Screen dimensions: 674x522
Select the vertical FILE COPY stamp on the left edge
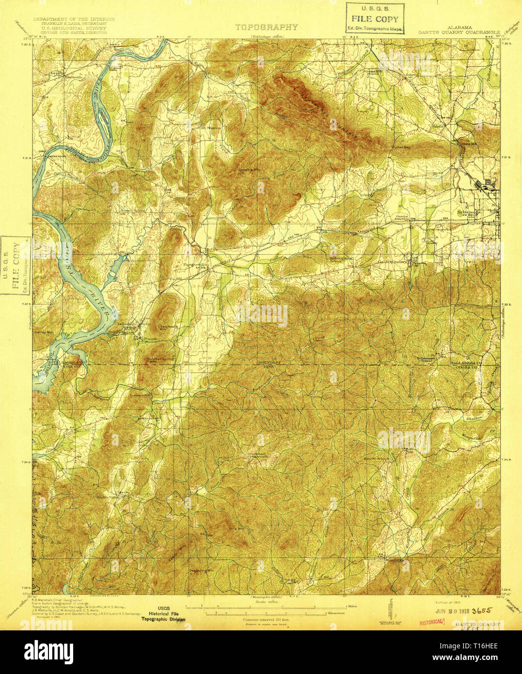[x=16, y=265]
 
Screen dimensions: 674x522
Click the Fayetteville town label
[x=195, y=265]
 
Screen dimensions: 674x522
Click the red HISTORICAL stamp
[x=432, y=620]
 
